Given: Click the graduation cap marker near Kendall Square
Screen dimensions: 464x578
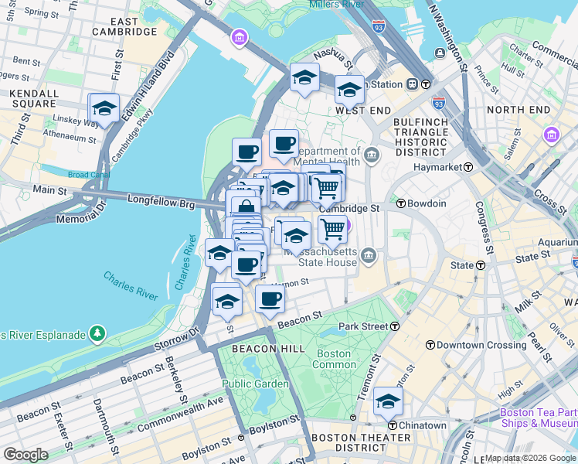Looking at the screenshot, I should click(104, 109).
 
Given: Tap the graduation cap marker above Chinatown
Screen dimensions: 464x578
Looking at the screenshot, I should click(388, 401).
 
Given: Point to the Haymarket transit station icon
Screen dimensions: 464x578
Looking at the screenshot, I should click(468, 167).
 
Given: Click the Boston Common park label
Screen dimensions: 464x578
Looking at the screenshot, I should click(334, 359).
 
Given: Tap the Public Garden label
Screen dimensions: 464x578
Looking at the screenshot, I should click(254, 384).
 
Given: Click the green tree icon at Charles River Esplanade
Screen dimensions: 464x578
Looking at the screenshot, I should click(97, 333).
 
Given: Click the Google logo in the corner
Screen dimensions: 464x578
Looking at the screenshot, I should click(25, 454).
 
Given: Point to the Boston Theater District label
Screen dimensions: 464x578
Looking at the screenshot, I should click(349, 442).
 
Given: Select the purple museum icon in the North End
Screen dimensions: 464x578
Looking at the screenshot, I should click(551, 135).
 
